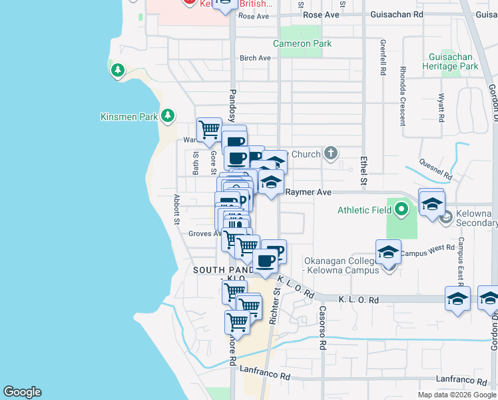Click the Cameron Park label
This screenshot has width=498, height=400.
[x=302, y=44]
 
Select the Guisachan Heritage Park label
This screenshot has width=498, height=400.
[x=450, y=62]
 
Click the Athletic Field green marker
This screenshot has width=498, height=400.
[x=400, y=210]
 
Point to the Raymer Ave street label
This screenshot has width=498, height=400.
[x=308, y=192]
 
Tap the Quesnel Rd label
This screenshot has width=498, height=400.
[x=436, y=169]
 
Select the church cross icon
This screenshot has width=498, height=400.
[x=331, y=154]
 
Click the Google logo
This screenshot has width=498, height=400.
[x=22, y=392]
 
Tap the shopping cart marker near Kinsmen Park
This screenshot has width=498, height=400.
[x=209, y=129]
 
